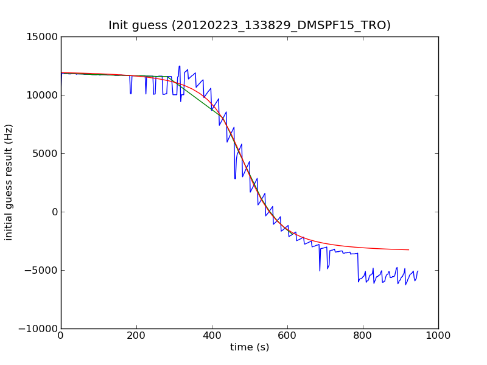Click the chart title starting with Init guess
pyautogui.click(x=250, y=26)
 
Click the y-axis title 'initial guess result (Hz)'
pyautogui.click(x=9, y=182)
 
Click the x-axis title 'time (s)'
pyautogui.click(x=250, y=347)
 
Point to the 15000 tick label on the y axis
pyautogui.click(x=41, y=36)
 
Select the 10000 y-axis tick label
pyautogui.click(x=41, y=95)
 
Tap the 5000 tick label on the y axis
pyautogui.click(x=44, y=153)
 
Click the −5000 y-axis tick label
pyautogui.click(x=41, y=270)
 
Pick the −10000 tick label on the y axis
pyautogui.click(x=39, y=328)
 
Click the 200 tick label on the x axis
pyautogui.click(x=136, y=335)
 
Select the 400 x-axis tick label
pyautogui.click(x=212, y=335)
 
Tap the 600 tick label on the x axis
pyautogui.click(x=287, y=335)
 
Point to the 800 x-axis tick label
pyautogui.click(x=363, y=335)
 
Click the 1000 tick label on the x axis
pyautogui.click(x=438, y=335)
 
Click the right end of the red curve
pyautogui.click(x=408, y=250)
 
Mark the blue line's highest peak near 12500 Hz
pyautogui.click(x=179, y=66)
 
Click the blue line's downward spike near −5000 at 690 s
pyautogui.click(x=320, y=270)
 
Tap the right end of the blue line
pyautogui.click(x=418, y=271)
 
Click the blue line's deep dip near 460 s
pyautogui.click(x=235, y=178)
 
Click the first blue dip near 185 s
pyautogui.click(x=131, y=93)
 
